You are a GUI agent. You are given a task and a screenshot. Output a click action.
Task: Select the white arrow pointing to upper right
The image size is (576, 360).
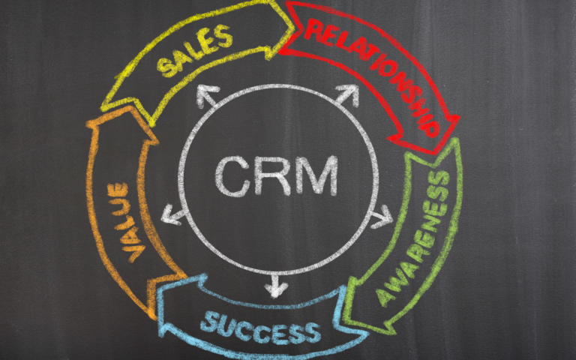(347, 95)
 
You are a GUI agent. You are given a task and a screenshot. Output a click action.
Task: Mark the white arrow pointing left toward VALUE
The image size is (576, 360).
(174, 216)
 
